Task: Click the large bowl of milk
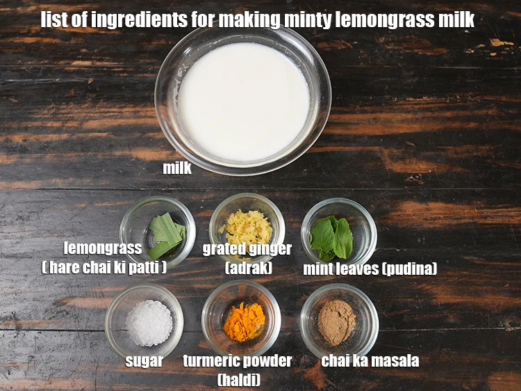pos(242,102)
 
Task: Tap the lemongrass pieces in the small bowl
pos(165,235)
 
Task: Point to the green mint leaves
pos(332,237)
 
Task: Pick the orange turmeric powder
pos(244,321)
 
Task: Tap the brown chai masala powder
pos(337,321)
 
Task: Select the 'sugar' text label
pos(144,360)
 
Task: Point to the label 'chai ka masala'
pos(370,360)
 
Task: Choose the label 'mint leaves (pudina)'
pos(370,269)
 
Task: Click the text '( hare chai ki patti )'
pos(104,267)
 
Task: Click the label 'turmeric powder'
pos(237,360)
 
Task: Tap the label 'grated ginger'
pos(247,248)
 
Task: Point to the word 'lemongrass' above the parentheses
pos(103,248)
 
